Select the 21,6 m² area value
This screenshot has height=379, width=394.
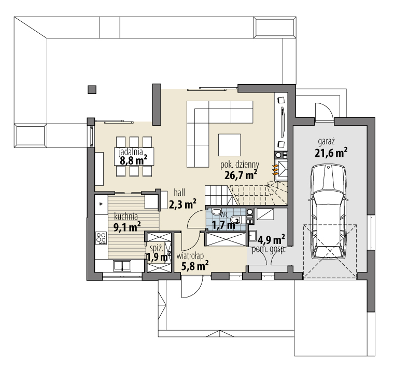[x=331, y=153]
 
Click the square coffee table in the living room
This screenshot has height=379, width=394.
[x=229, y=145]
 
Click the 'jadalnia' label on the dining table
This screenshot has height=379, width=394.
[x=131, y=152]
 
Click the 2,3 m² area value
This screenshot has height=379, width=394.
[x=182, y=203]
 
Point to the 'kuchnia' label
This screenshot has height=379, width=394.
[x=126, y=216]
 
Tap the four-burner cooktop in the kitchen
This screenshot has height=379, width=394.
[x=101, y=238]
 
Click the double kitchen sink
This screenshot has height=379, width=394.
[x=122, y=265]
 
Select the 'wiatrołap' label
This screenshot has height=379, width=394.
[x=190, y=255]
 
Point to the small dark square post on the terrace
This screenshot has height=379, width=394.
[x=92, y=89]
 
